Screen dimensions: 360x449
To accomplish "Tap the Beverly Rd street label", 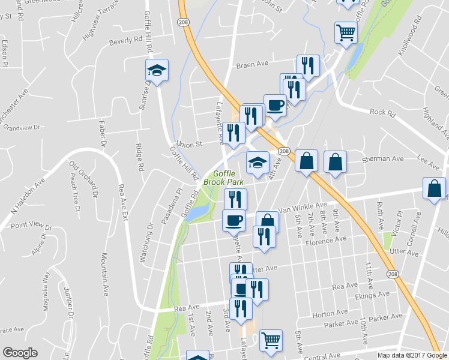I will [125, 41].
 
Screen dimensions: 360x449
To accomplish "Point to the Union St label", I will [190, 144].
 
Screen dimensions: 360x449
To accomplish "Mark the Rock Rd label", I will [384, 112].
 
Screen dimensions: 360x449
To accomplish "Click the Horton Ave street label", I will [330, 313].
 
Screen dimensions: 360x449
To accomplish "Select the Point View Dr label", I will [31, 224].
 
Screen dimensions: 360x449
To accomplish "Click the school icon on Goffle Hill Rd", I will [157, 70].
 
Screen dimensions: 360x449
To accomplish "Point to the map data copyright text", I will [412, 355].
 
